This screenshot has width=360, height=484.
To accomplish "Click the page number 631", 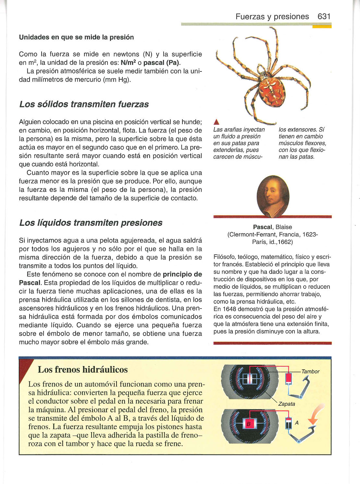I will tap(324, 17).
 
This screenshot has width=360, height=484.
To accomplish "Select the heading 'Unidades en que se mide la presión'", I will tap(76, 37).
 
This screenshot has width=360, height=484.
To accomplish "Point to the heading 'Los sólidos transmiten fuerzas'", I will tap(84, 104).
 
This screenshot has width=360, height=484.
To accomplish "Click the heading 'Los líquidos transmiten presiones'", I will tap(91, 223).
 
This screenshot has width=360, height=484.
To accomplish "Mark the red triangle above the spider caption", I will tap(216, 122).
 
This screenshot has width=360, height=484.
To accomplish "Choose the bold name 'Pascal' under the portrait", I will tap(263, 227).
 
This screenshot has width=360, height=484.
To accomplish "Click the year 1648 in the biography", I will tap(230, 309).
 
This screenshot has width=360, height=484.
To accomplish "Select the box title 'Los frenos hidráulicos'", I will tap(83, 370).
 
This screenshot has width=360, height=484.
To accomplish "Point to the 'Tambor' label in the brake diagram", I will tap(310, 372).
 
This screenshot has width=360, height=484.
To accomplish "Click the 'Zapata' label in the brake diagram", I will tap(287, 404).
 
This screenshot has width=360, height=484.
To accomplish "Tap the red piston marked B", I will tap(249, 424).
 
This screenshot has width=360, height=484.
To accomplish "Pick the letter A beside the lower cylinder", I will tap(297, 423).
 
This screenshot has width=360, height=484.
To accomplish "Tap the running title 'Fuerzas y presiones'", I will tap(272, 17).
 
